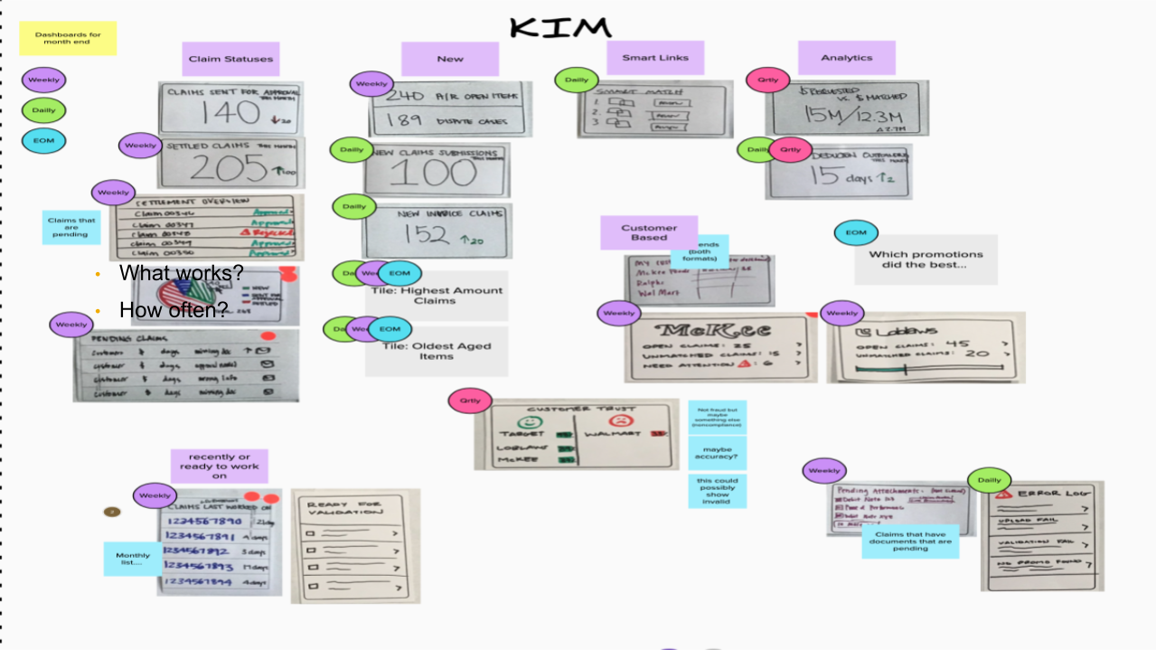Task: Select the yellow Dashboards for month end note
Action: [68, 39]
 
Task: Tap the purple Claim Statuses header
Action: [230, 59]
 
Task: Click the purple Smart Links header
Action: [655, 58]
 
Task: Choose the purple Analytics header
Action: [846, 58]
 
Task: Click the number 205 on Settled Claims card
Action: [222, 168]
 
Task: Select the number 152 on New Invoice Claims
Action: [428, 235]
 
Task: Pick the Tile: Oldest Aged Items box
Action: [437, 351]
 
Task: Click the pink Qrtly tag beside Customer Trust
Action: [470, 400]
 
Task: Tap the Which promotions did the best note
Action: [925, 260]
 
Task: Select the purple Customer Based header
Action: [649, 232]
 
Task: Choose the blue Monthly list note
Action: [133, 558]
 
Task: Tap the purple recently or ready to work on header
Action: [220, 466]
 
